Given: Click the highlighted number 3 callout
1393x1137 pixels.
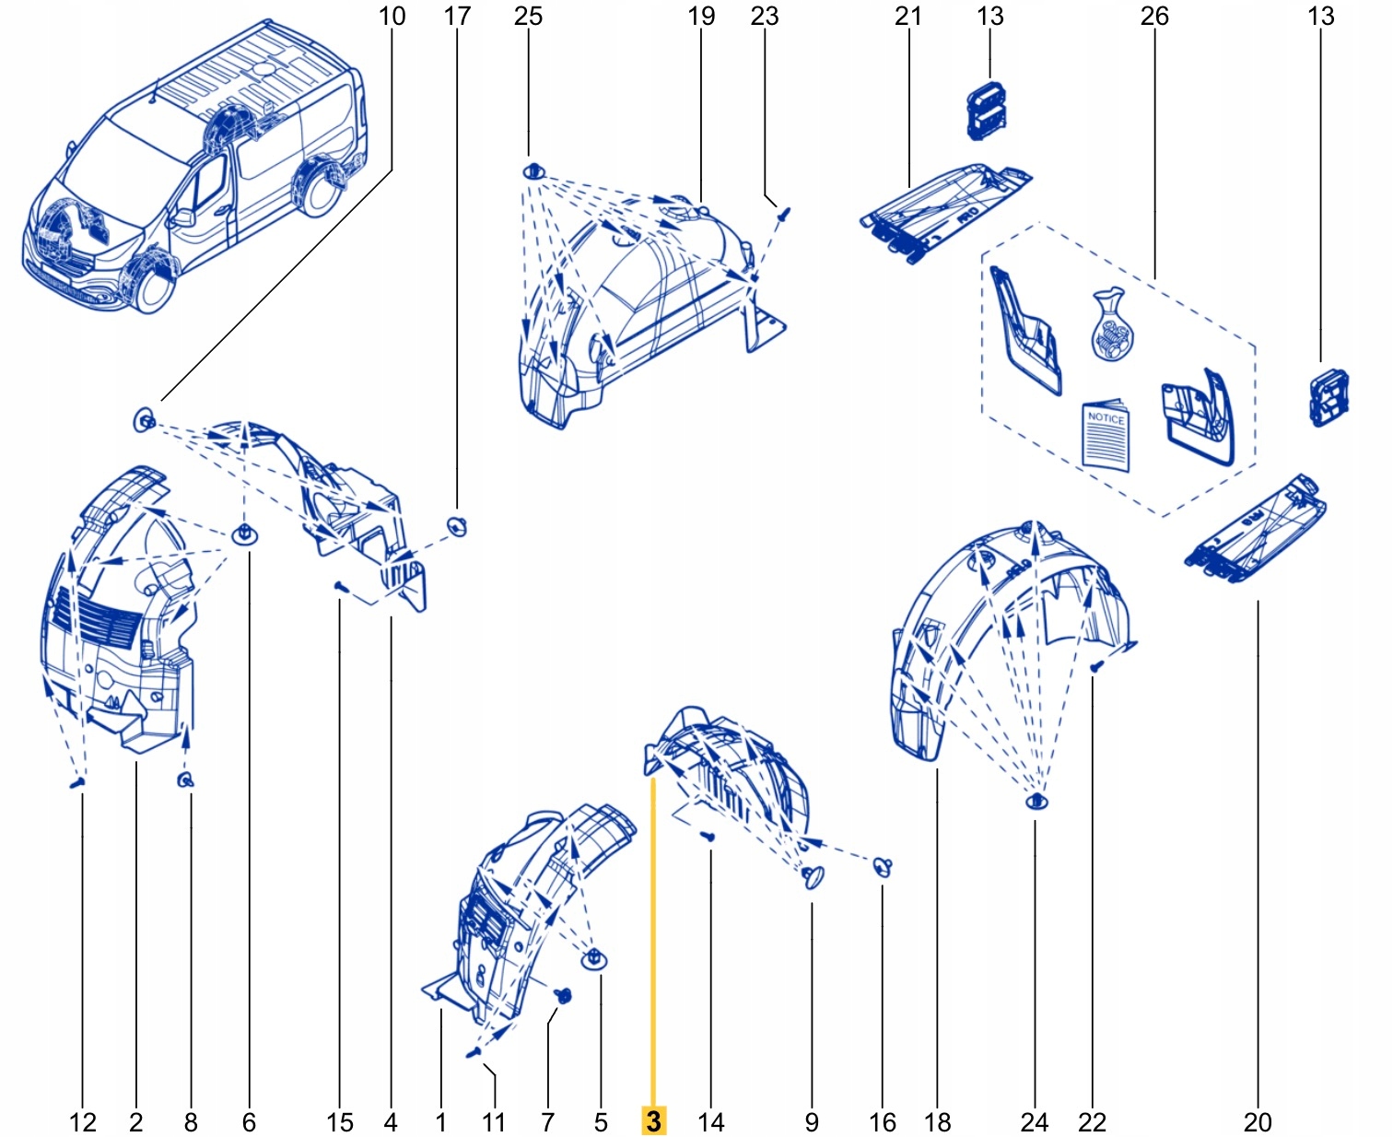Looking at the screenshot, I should (653, 1120).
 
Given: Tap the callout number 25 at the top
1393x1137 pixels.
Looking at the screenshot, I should (528, 16).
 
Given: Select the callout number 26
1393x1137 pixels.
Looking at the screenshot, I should (1153, 16).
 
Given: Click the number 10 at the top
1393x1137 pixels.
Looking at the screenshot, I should (392, 16).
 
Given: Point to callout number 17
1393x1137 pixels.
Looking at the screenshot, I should (457, 16).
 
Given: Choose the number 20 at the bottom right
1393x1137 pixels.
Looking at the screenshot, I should (1257, 1121).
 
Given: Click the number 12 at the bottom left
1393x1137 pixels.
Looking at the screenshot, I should (82, 1121).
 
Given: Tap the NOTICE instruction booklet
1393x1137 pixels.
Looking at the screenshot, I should (1106, 435).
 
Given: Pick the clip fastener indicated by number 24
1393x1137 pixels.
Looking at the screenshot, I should (1036, 801).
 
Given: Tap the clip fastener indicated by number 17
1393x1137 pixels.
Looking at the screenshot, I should (458, 526).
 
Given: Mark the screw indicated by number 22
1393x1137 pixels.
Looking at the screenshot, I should (1095, 665).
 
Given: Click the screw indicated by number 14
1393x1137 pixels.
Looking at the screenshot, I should (708, 836).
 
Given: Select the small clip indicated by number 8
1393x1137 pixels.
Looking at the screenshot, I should (185, 780).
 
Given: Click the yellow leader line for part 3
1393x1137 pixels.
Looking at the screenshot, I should (653, 940).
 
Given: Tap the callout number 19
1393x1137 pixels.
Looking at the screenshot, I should (701, 16).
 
